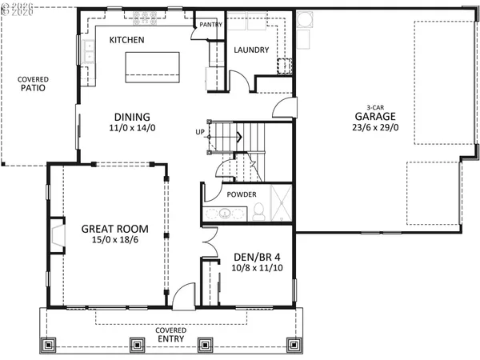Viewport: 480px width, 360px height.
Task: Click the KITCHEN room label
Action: [x=126, y=39]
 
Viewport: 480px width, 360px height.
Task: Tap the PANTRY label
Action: [x=210, y=25]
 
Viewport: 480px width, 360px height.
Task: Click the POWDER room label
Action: [x=242, y=194]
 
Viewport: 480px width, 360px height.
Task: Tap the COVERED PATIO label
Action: [x=34, y=84]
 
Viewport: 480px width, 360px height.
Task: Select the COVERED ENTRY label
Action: [x=171, y=334]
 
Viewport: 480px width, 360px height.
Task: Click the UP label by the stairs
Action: [x=200, y=132]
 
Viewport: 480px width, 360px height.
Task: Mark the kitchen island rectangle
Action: [x=152, y=66]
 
